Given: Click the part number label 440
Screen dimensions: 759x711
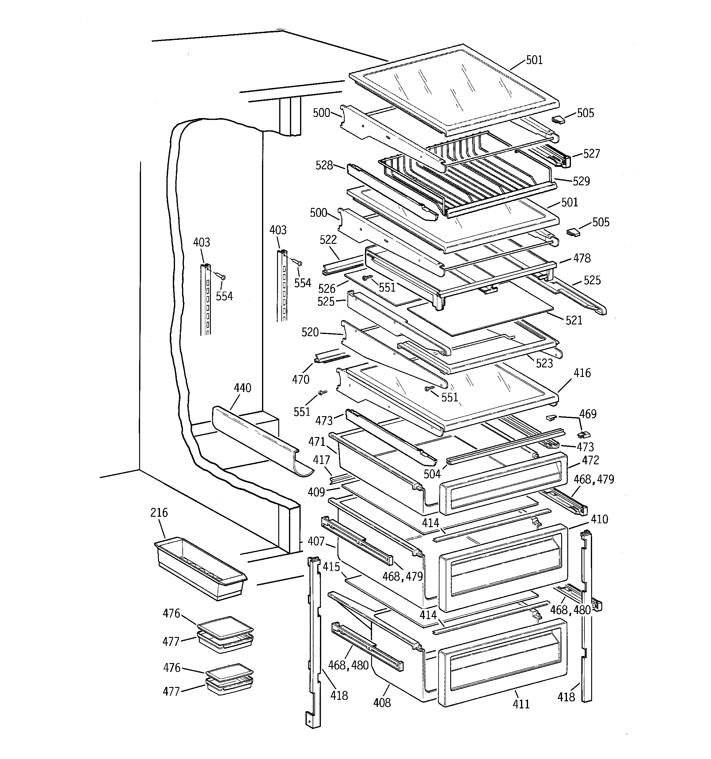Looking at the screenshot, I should coord(242,388).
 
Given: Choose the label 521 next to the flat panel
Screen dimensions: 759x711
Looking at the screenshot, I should coord(574,320).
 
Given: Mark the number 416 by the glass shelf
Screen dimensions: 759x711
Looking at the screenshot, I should coord(582,373).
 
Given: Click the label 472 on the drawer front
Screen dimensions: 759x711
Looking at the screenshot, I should coord(590,460).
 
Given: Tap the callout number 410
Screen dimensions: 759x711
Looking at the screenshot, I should coord(599,519).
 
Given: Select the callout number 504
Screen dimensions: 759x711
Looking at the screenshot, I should coord(432,474).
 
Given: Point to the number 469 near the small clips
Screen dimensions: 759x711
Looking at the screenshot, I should coord(588,414).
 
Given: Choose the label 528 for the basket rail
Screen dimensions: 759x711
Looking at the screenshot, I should coord(324,165).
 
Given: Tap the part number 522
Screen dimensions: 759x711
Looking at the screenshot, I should coord(328,240).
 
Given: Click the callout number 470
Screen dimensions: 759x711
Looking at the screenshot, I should coord(300,380).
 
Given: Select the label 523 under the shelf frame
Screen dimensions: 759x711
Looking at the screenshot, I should coord(544,363).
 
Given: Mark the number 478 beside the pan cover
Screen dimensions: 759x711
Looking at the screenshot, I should coord(582,259).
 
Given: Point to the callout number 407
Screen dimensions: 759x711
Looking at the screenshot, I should coord(316,541).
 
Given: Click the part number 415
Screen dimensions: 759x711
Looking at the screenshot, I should coord(331,567).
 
